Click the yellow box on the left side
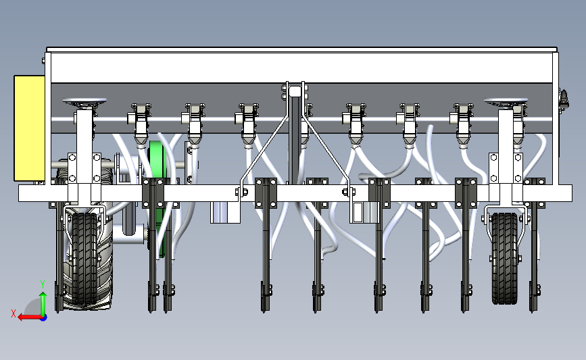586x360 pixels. pyautogui.click(x=29, y=128)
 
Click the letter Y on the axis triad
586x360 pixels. pyautogui.click(x=42, y=284)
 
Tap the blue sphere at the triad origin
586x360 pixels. pyautogui.click(x=43, y=317)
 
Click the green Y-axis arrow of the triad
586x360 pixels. pyautogui.click(x=43, y=301)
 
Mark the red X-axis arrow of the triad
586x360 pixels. pyautogui.click(x=27, y=317)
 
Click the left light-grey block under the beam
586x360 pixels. pyautogui.click(x=226, y=212)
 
